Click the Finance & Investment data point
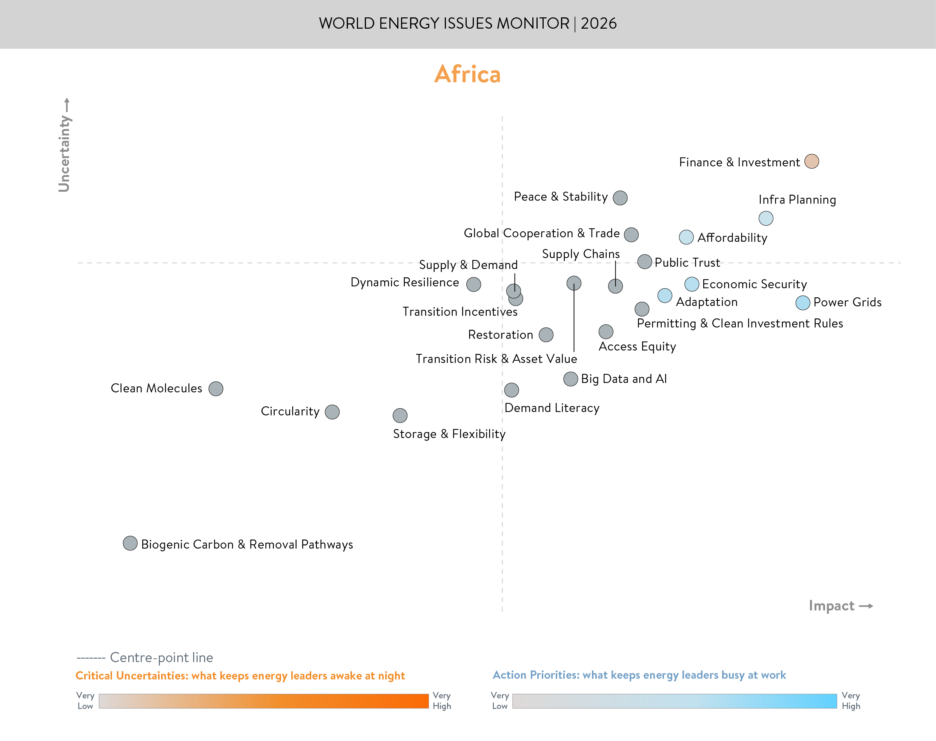click(x=812, y=161)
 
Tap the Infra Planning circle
click(x=766, y=218)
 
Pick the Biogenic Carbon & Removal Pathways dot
click(x=130, y=543)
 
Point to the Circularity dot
click(x=332, y=412)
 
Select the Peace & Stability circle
click(x=620, y=198)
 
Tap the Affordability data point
click(x=686, y=237)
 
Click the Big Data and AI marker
click(x=571, y=379)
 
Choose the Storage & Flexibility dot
click(x=400, y=415)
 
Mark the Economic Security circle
click(x=692, y=284)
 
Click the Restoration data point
click(x=546, y=335)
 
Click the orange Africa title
click(x=467, y=74)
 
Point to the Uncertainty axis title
click(x=64, y=153)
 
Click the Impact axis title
click(x=831, y=606)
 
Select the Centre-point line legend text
click(x=161, y=658)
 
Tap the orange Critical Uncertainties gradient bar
click(x=264, y=701)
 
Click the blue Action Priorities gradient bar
click(x=675, y=701)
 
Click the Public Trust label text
click(x=687, y=263)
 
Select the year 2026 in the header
click(x=599, y=23)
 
